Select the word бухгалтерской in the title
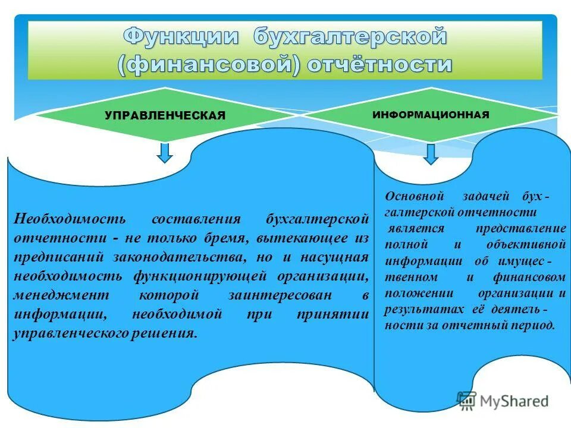[350, 37]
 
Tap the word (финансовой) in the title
[208, 64]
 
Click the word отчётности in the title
[379, 64]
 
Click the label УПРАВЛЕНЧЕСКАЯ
[165, 115]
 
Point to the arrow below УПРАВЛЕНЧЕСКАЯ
[166, 152]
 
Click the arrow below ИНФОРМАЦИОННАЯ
[431, 154]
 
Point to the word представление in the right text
[521, 229]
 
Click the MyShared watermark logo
[503, 401]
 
